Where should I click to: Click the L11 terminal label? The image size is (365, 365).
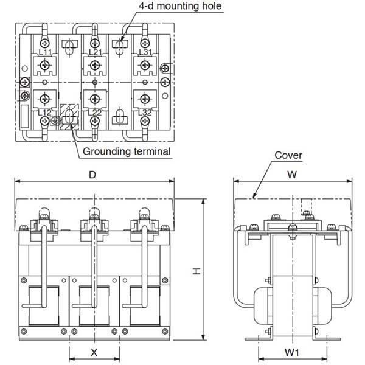(45, 52)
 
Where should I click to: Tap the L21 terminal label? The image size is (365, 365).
(96, 52)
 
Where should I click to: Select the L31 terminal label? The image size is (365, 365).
(146, 52)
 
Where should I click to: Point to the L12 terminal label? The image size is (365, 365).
(44, 113)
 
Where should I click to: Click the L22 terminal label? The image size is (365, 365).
(95, 113)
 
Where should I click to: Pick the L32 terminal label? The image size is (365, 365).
(145, 113)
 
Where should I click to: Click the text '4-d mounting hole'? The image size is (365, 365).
(180, 6)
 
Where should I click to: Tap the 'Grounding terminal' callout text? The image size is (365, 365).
(127, 151)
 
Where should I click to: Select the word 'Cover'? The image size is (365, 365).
(288, 155)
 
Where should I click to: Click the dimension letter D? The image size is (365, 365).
(92, 175)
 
